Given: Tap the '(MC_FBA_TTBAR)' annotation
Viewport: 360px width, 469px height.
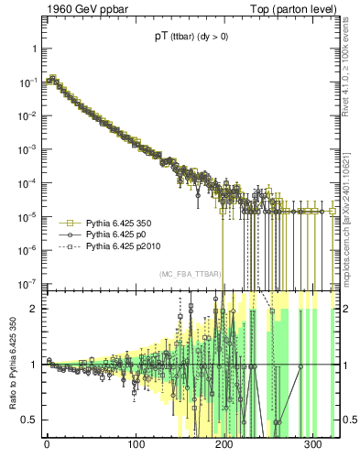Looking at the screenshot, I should [188, 274].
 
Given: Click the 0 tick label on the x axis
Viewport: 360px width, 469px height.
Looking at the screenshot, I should [47, 444].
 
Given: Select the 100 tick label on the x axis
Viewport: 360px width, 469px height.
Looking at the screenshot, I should [136, 444].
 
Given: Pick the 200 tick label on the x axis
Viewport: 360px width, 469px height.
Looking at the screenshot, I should [224, 444].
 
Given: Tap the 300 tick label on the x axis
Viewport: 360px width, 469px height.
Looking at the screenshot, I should [313, 444].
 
